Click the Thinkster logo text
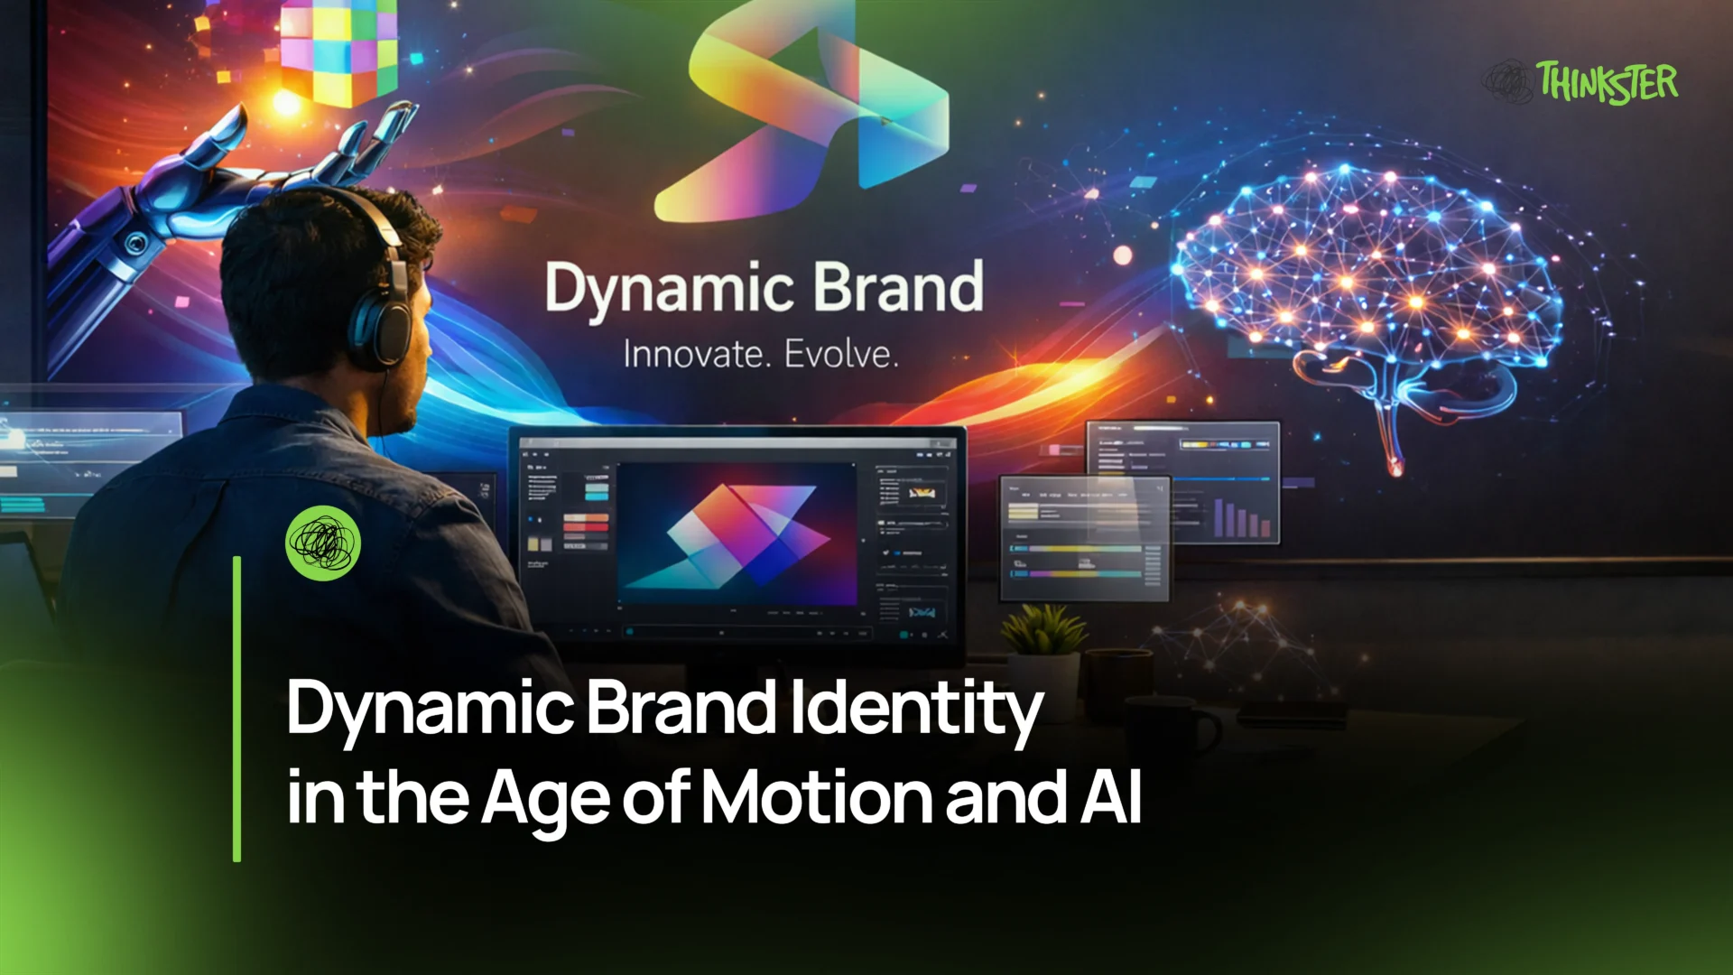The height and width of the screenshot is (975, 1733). coord(1607,83)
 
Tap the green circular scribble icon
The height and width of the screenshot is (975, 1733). coord(323,542)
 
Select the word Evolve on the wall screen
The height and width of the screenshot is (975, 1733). coord(840,354)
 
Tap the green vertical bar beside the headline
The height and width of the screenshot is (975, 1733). coord(237,709)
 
